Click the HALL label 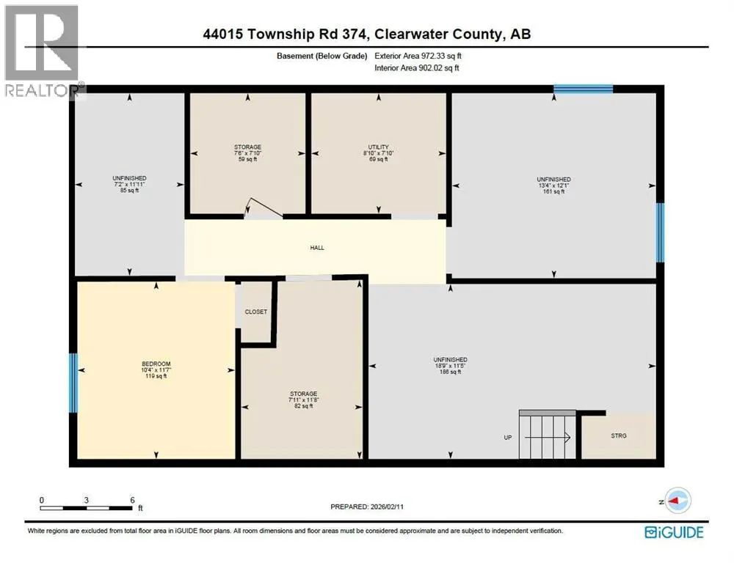pyautogui.click(x=317, y=248)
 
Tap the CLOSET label pyautogui.click(x=256, y=312)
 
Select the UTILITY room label pyautogui.click(x=378, y=147)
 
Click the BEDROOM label pyautogui.click(x=156, y=364)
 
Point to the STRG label pyautogui.click(x=618, y=435)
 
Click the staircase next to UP pyautogui.click(x=548, y=435)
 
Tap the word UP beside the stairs pyautogui.click(x=508, y=438)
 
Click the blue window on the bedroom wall pyautogui.click(x=73, y=383)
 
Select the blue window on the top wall pyautogui.click(x=584, y=89)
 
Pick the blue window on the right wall pyautogui.click(x=660, y=232)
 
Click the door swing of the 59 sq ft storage pyautogui.click(x=263, y=208)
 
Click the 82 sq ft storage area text pyautogui.click(x=303, y=406)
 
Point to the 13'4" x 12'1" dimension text pyautogui.click(x=553, y=185)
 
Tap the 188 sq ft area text pyautogui.click(x=451, y=372)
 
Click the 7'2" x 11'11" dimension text pyautogui.click(x=129, y=184)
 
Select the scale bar pyautogui.click(x=86, y=508)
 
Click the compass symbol pyautogui.click(x=677, y=501)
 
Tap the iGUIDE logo pyautogui.click(x=674, y=533)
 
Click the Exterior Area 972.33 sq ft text pyautogui.click(x=418, y=56)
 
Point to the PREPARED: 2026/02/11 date pyautogui.click(x=367, y=507)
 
